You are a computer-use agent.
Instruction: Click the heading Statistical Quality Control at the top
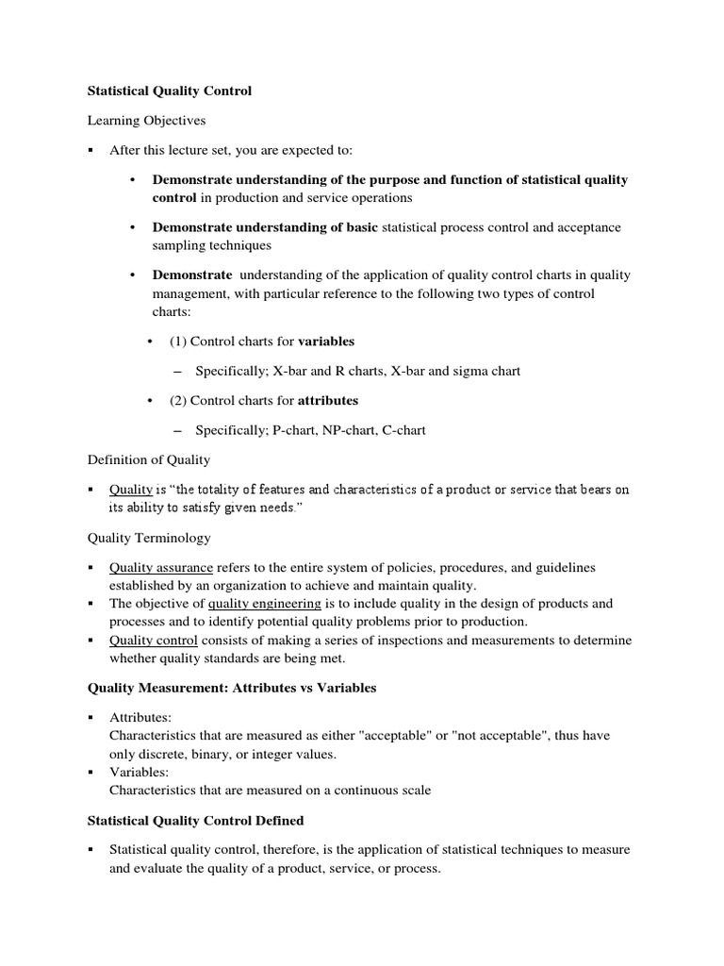(x=170, y=92)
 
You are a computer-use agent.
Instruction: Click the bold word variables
(x=327, y=341)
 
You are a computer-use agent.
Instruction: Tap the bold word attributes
(x=328, y=400)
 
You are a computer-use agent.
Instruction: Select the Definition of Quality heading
(x=149, y=459)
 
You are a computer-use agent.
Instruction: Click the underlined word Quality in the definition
(x=131, y=490)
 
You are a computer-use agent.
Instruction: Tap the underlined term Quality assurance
(x=161, y=568)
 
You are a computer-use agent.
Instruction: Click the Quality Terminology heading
(x=149, y=538)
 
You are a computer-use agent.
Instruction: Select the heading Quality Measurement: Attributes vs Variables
(x=232, y=688)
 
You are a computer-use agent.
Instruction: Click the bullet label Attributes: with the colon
(x=140, y=718)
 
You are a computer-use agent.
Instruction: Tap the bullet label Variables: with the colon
(x=138, y=773)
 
